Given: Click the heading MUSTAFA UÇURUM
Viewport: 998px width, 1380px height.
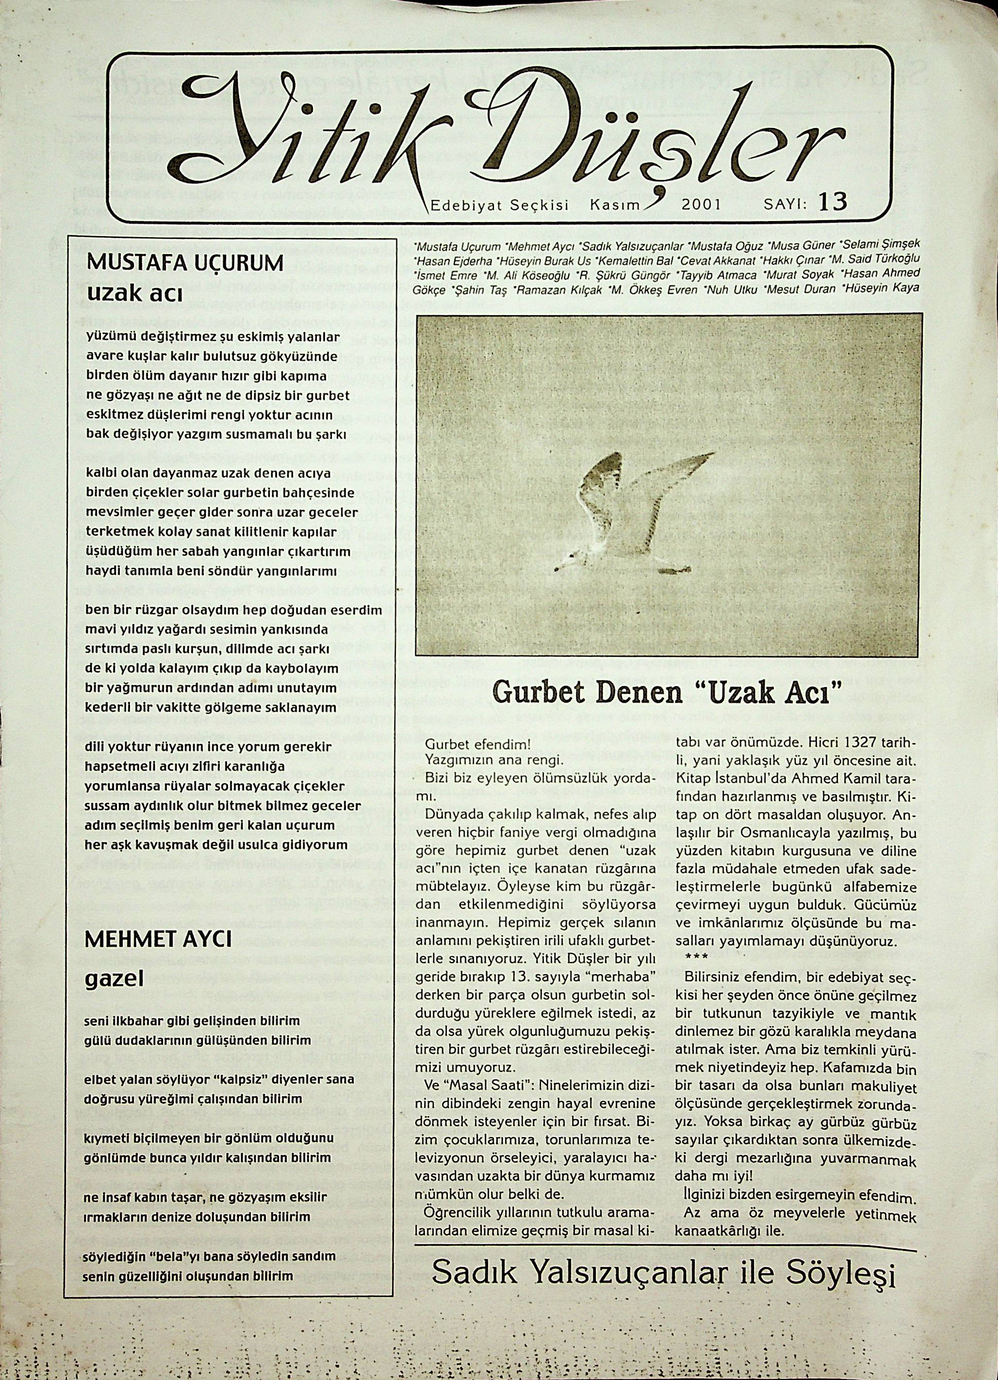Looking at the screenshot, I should (x=186, y=263).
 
